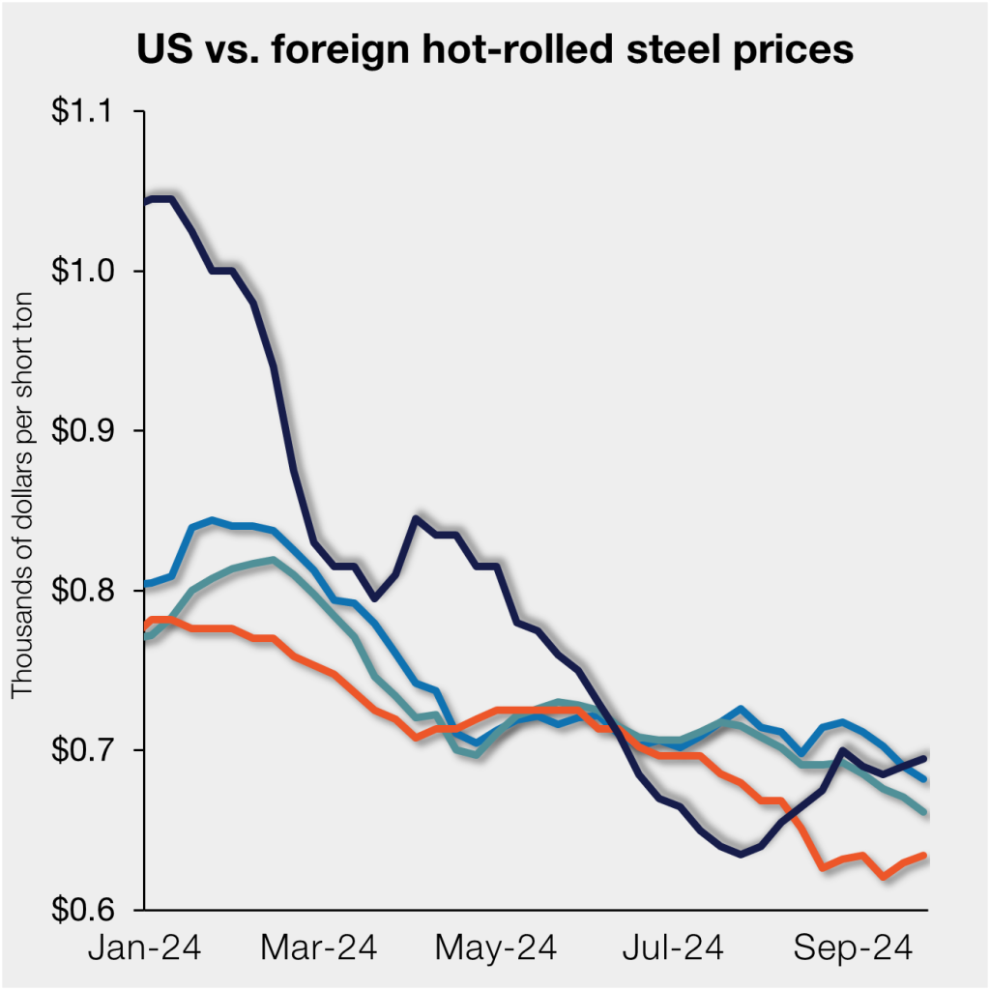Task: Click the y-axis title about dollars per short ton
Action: pos(22,493)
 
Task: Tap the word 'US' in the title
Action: pos(162,49)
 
